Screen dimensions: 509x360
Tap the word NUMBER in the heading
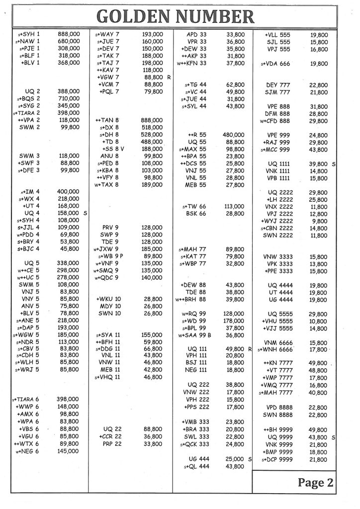215,18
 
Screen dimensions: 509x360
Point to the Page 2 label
315,482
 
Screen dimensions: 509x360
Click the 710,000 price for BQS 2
69,99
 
